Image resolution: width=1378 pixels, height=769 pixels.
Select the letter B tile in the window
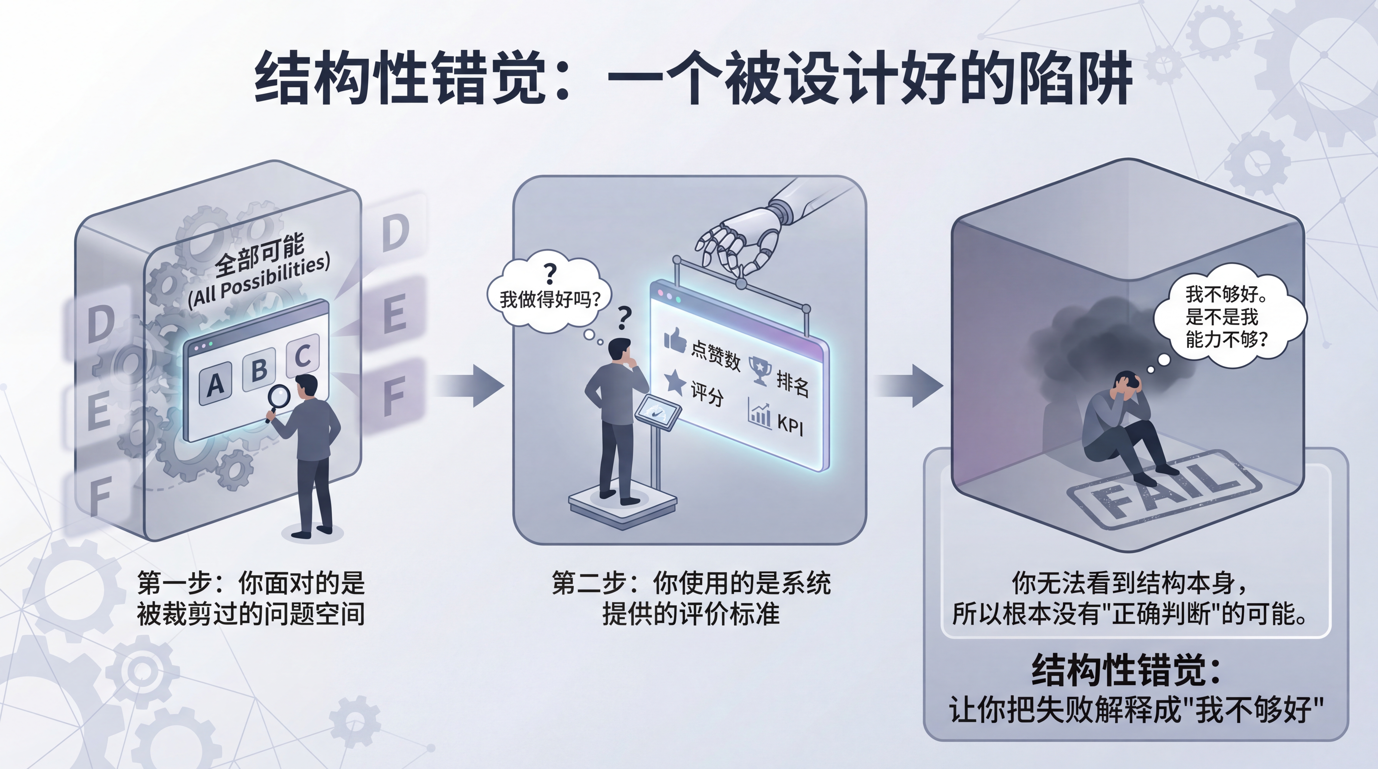[259, 369]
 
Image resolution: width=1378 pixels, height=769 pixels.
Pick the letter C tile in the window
[303, 354]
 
